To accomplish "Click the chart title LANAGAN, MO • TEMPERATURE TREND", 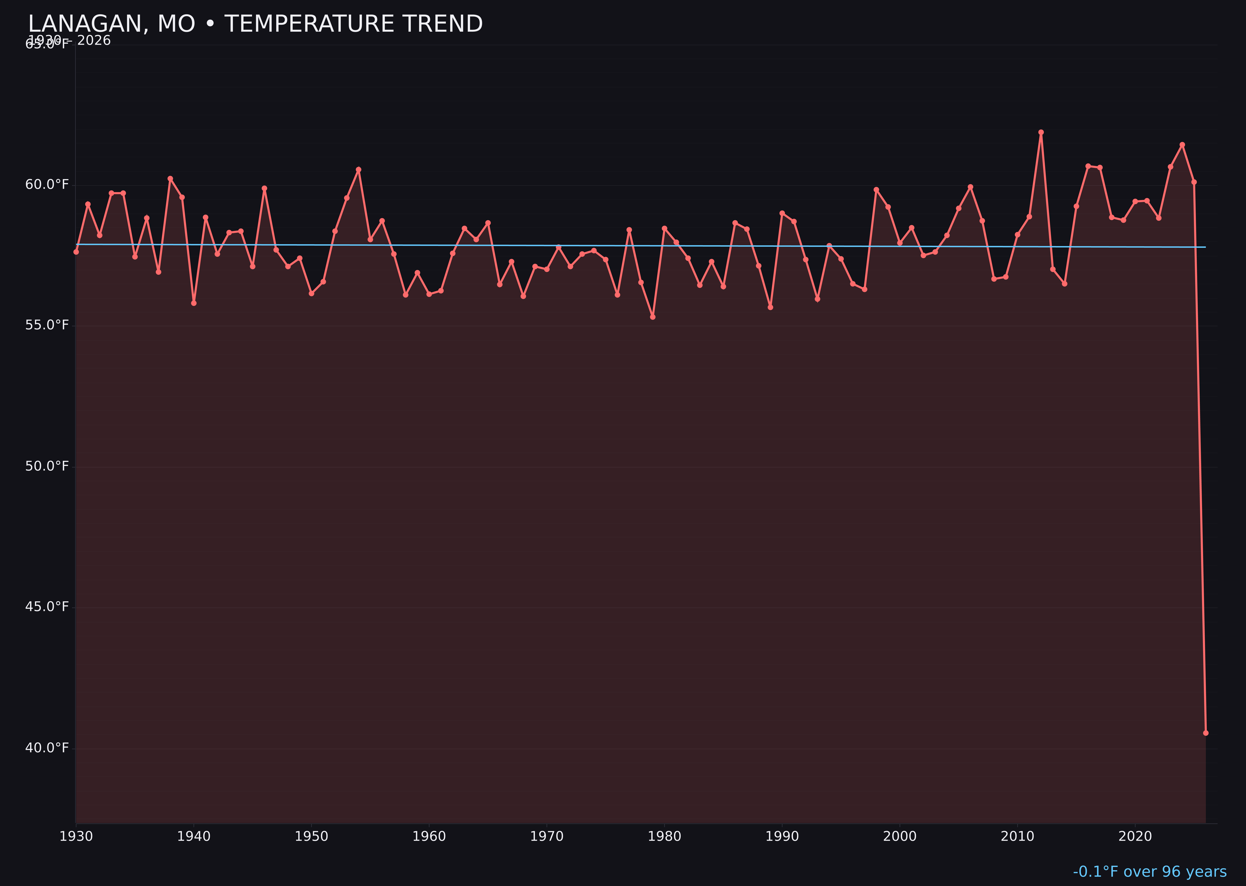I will (x=255, y=24).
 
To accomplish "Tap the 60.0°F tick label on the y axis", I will (x=47, y=184).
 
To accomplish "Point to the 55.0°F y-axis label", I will (x=47, y=325).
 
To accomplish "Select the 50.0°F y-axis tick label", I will (x=47, y=466).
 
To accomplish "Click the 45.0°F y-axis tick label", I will (x=47, y=607).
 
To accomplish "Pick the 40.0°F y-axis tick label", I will (x=47, y=747).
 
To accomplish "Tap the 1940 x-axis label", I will (x=194, y=836).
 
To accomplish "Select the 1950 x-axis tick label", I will (x=311, y=836).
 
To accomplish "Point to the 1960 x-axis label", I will (x=429, y=836).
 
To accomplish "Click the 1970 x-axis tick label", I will (x=547, y=836).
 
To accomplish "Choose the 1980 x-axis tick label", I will (x=664, y=836).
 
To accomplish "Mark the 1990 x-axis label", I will (x=782, y=836).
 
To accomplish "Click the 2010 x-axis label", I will (x=1017, y=836).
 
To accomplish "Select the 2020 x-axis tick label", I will (x=1135, y=836).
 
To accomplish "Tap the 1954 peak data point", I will (x=359, y=170).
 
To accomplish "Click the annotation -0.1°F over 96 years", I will (x=1149, y=872).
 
